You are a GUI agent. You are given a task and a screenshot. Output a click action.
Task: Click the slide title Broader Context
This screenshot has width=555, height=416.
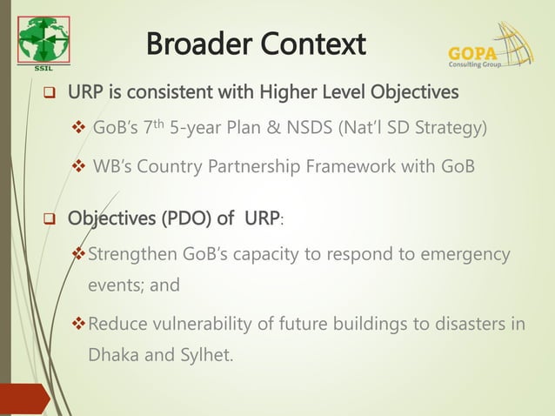tap(256, 43)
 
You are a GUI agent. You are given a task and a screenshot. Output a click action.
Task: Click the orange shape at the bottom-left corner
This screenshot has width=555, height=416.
tap(22, 402)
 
